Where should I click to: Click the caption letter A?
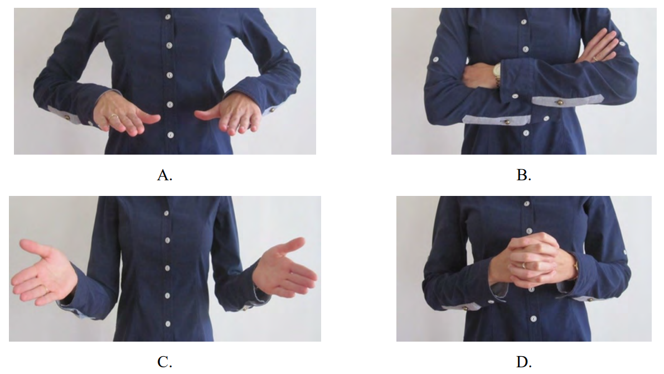pyautogui.click(x=164, y=175)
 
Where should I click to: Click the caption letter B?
pyautogui.click(x=524, y=175)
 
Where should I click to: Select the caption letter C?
pyautogui.click(x=164, y=362)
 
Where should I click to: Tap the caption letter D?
pyautogui.click(x=524, y=362)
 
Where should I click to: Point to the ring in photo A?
pyautogui.click(x=114, y=116)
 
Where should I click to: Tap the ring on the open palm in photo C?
pyautogui.click(x=46, y=290)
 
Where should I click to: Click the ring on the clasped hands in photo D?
pyautogui.click(x=524, y=265)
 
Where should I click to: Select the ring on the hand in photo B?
pyautogui.click(x=595, y=59)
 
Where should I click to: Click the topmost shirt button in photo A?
pyautogui.click(x=168, y=17)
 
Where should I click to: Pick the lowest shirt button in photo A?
pyautogui.click(x=171, y=135)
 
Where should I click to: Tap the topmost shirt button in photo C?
pyautogui.click(x=167, y=213)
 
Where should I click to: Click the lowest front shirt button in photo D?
pyautogui.click(x=534, y=318)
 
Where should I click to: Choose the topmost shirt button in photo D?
pyautogui.click(x=527, y=204)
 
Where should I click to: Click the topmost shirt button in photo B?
pyautogui.click(x=524, y=22)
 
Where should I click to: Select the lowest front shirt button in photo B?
pyautogui.click(x=526, y=133)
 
